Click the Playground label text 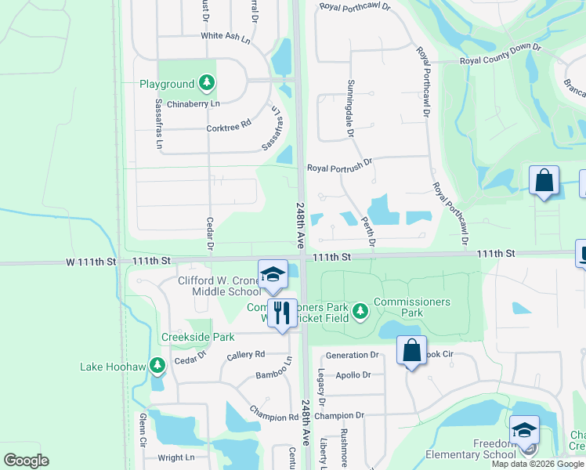click(x=167, y=84)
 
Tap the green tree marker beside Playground click(x=206, y=81)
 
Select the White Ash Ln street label click(x=225, y=35)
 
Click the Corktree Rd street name click(x=228, y=124)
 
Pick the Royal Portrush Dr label click(x=339, y=167)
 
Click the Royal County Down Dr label click(x=500, y=59)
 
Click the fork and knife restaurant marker click(x=281, y=312)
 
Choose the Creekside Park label click(x=197, y=338)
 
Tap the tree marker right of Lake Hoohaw click(x=157, y=364)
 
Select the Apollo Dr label click(x=353, y=375)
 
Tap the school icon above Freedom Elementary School click(x=524, y=429)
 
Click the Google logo click(x=26, y=461)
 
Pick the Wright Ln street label click(x=175, y=458)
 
